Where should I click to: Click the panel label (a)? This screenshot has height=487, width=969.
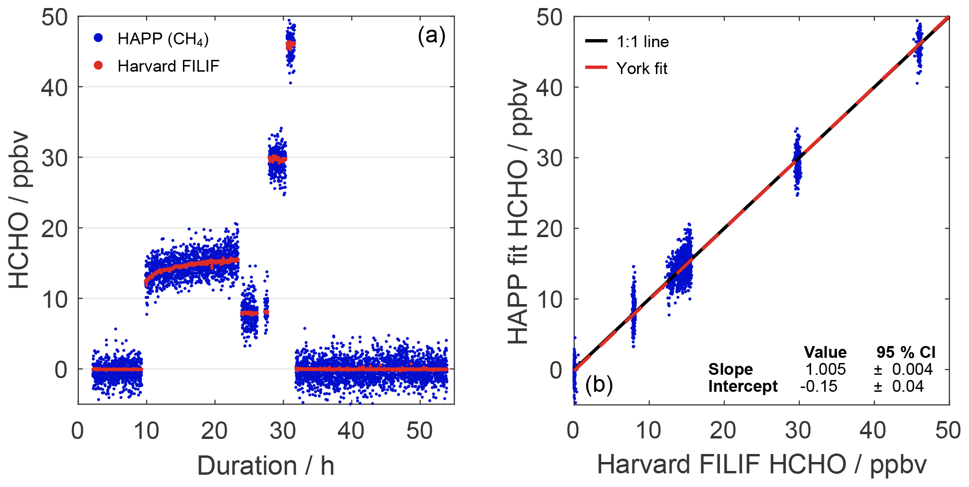click(x=431, y=36)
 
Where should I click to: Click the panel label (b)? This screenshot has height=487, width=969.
click(x=598, y=385)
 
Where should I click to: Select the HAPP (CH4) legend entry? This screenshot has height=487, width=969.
click(x=163, y=39)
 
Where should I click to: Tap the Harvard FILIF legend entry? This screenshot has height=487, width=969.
click(x=168, y=66)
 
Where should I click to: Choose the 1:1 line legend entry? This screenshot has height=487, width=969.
click(x=642, y=41)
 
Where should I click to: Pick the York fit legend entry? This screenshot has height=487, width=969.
click(x=641, y=68)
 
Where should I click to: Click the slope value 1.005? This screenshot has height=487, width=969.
click(x=825, y=369)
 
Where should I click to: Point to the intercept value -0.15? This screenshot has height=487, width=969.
click(x=819, y=387)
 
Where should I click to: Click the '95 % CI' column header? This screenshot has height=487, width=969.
click(x=905, y=352)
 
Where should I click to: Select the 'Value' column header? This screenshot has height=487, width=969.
click(x=825, y=352)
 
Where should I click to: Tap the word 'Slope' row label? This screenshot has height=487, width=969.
click(x=730, y=369)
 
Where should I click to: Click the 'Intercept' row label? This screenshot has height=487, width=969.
click(x=743, y=387)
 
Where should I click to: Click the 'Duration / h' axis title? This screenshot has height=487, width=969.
click(x=265, y=466)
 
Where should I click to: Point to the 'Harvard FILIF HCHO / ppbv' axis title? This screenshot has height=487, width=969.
click(x=762, y=464)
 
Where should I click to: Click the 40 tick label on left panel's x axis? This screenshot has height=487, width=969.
click(x=351, y=431)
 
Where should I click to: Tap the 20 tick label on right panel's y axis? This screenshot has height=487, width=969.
click(x=550, y=229)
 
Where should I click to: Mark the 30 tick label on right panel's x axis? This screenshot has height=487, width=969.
click(x=798, y=431)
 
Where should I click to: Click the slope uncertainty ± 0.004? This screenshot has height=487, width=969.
click(x=903, y=369)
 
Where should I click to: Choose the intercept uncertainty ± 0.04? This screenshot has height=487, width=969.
click(x=899, y=387)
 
